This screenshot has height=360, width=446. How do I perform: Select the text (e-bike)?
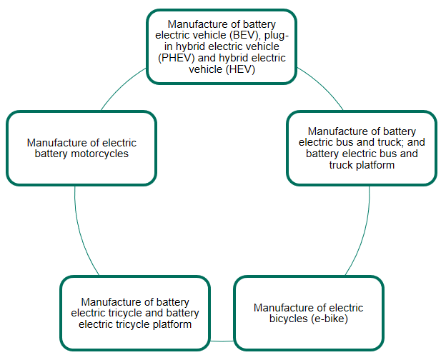(330, 319)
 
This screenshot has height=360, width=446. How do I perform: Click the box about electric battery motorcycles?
(81, 148)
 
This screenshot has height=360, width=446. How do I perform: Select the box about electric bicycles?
(308, 314)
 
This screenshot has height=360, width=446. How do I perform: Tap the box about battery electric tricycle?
(135, 314)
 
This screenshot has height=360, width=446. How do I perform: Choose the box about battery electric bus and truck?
(362, 148)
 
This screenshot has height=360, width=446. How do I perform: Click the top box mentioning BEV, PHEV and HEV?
(222, 46)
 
